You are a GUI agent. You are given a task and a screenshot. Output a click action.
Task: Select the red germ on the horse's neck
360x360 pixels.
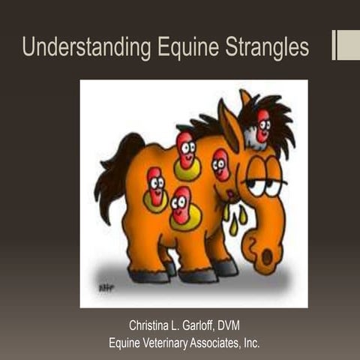pyautogui.click(x=220, y=163)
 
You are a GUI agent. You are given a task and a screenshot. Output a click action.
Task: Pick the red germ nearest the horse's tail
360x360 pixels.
pyautogui.click(x=155, y=186)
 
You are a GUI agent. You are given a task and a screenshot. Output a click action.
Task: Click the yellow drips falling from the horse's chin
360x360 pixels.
pyautogui.click(x=234, y=217)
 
